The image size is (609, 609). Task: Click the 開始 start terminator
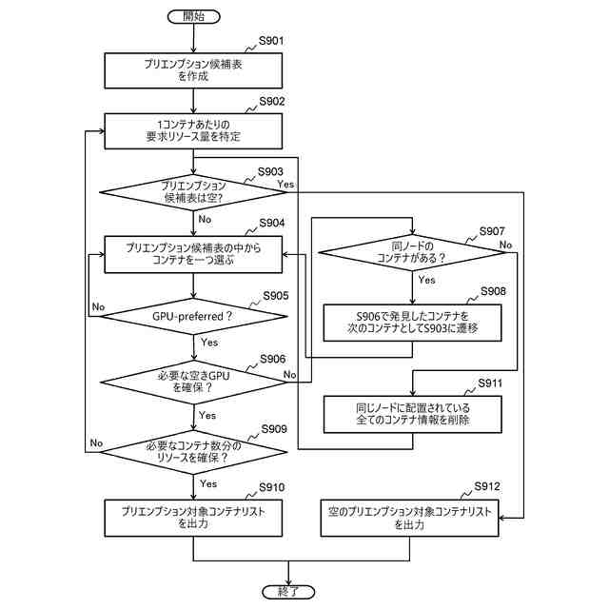pos(193,16)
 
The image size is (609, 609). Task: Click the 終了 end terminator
pos(288,592)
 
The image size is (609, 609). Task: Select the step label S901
pos(271,41)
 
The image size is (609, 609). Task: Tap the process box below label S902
pos(193,131)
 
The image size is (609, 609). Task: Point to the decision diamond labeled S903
pos(193,192)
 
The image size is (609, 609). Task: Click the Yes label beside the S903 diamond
pos(285,184)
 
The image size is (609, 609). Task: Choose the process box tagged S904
pos(193,254)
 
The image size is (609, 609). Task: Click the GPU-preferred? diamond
pos(193,316)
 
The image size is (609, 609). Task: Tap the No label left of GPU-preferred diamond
pos(98,306)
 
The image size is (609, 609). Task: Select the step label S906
pos(273,359)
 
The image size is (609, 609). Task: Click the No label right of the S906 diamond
pos(289,374)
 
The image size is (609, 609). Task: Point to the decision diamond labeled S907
pos(412,252)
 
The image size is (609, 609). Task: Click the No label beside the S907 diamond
pos(505,246)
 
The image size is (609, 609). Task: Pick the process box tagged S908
pos(412,323)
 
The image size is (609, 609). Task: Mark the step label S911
pos(490,383)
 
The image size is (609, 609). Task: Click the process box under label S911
pos(412,415)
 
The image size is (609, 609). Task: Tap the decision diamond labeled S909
pos(193,452)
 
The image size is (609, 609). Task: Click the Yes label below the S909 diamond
pos(208,483)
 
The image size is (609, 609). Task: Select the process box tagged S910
pos(193,518)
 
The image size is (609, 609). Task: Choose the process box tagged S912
pos(409,518)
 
